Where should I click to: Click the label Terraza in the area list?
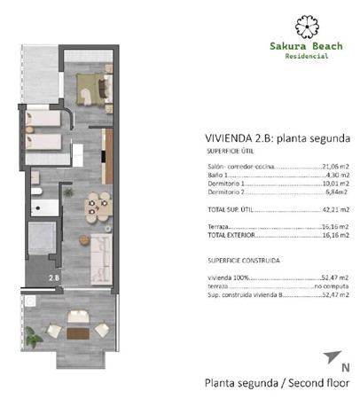217,228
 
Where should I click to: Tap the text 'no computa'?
332,286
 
